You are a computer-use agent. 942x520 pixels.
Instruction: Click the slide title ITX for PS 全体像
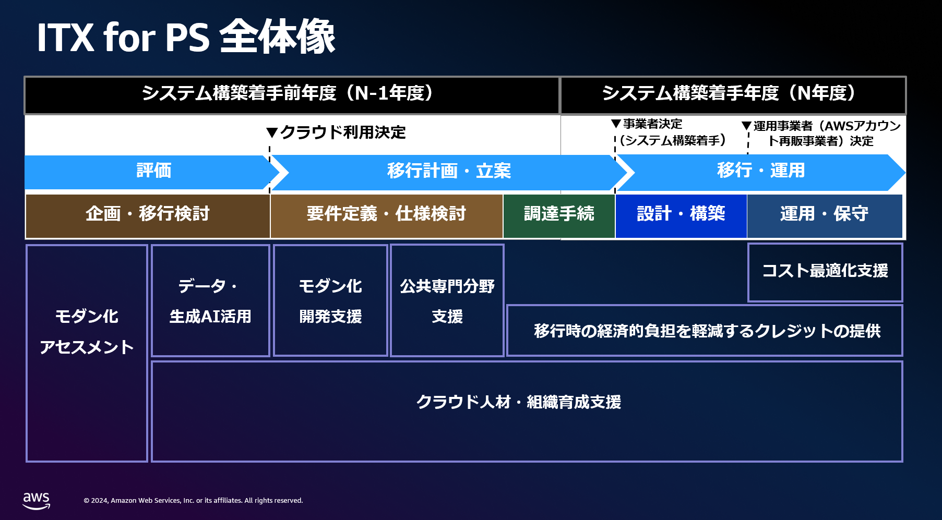(186, 37)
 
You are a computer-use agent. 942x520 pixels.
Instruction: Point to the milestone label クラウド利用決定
(343, 132)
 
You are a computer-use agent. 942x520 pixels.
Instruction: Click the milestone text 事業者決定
(652, 124)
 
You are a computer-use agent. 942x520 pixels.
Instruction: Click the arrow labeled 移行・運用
(761, 172)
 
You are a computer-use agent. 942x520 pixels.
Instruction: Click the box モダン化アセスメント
(87, 353)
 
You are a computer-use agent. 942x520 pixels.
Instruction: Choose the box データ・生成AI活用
(210, 300)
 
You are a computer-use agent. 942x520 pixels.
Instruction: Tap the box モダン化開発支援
(330, 300)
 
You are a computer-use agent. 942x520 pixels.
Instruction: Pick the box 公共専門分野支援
(447, 300)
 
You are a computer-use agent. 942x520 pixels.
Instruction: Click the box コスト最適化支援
(825, 272)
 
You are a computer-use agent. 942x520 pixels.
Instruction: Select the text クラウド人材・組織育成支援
(518, 402)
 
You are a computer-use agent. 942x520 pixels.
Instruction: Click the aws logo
(37, 501)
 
